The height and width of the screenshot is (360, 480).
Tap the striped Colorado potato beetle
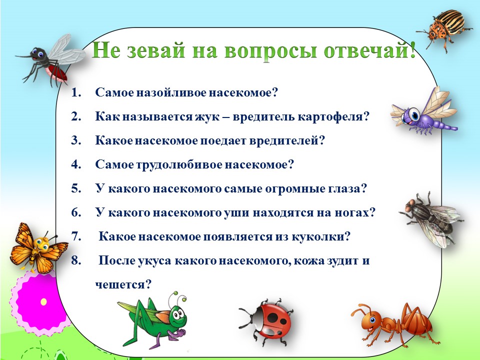(444, 28)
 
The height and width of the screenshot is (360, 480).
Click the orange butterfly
(38, 248)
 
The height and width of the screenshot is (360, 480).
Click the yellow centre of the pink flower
(44, 302)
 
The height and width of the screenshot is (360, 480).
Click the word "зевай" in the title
(155, 50)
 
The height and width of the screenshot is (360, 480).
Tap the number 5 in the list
(75, 188)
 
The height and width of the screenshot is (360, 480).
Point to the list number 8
(75, 261)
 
